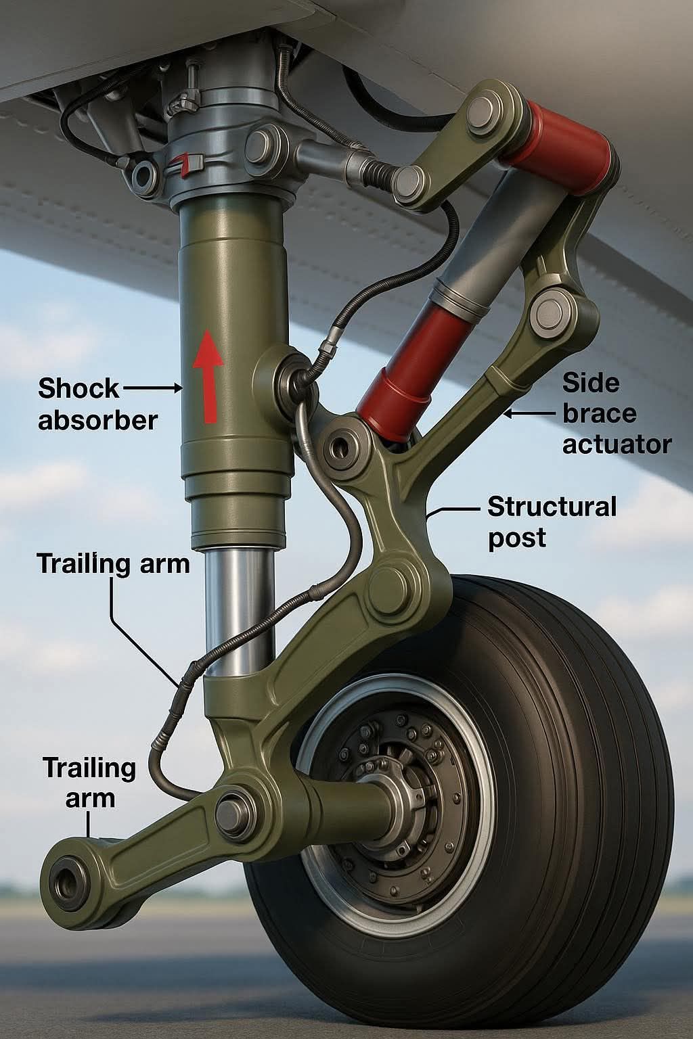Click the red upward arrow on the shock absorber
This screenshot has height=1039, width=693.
click(208, 375)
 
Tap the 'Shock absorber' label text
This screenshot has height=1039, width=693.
click(98, 404)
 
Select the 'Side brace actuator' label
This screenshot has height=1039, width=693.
click(617, 414)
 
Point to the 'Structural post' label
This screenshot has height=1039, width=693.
click(552, 522)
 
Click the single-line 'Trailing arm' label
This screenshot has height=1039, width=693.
click(114, 563)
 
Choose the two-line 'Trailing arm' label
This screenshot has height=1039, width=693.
click(89, 783)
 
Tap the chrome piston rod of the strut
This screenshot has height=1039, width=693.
click(240, 611)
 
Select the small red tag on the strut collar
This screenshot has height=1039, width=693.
click(184, 164)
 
